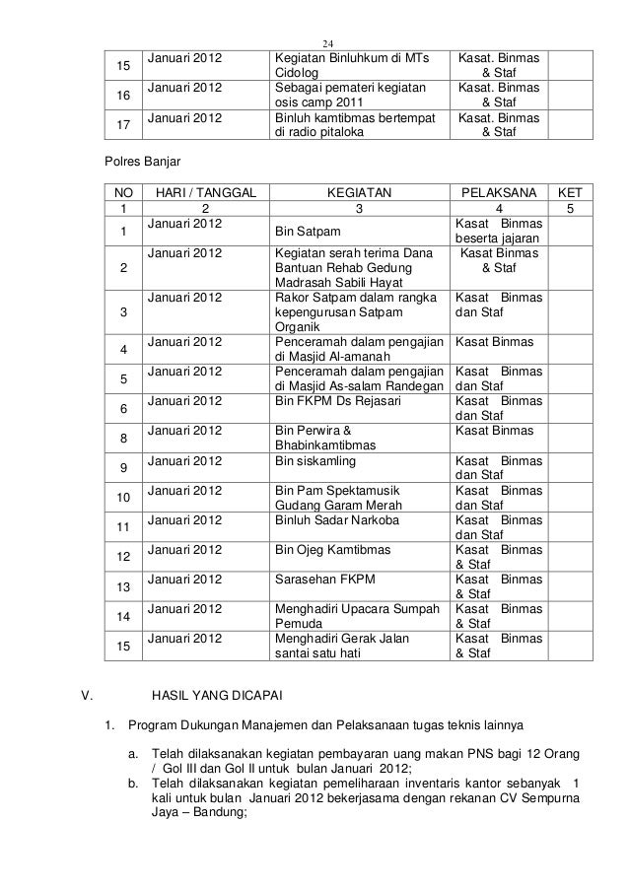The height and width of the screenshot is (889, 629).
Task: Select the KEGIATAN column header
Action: click(x=359, y=194)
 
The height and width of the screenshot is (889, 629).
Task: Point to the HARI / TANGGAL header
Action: click(x=205, y=194)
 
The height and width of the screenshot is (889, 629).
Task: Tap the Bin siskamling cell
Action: click(x=317, y=460)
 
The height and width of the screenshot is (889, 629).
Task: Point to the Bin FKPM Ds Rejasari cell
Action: click(x=331, y=402)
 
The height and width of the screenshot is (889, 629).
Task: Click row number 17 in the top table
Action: click(x=123, y=126)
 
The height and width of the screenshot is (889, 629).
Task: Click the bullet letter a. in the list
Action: click(x=134, y=755)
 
